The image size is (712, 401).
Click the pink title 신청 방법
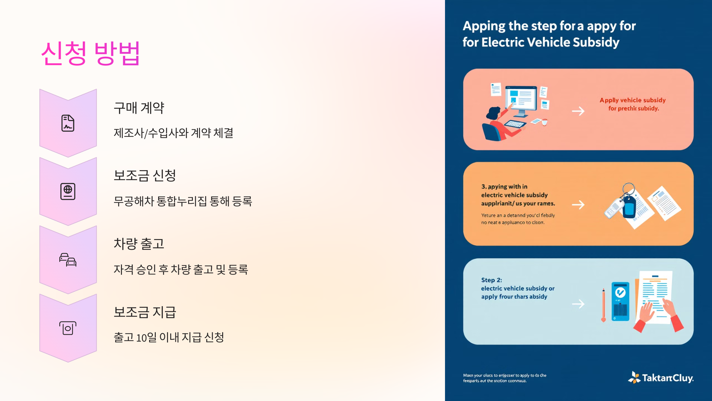click(x=90, y=53)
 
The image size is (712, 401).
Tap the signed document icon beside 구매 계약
click(x=68, y=123)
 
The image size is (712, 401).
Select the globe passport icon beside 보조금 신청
click(x=68, y=191)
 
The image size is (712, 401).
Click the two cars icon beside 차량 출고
click(x=68, y=260)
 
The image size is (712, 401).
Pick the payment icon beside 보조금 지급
click(x=68, y=328)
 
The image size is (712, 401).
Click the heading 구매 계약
click(x=139, y=108)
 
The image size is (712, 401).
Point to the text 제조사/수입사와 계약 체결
click(x=174, y=133)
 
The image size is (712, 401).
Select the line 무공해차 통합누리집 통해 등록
click(x=183, y=201)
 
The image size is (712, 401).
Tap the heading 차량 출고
click(x=139, y=244)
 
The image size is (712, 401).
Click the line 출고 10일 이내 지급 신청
click(x=169, y=337)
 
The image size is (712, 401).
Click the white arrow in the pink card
click(x=578, y=111)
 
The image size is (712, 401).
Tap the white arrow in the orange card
click(x=578, y=205)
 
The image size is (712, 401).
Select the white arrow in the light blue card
click(x=578, y=304)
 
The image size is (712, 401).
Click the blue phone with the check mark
click(x=620, y=301)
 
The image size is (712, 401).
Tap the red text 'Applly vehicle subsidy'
click(x=632, y=100)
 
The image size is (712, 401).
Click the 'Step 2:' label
click(x=492, y=280)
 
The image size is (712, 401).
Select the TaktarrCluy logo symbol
click(x=634, y=378)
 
